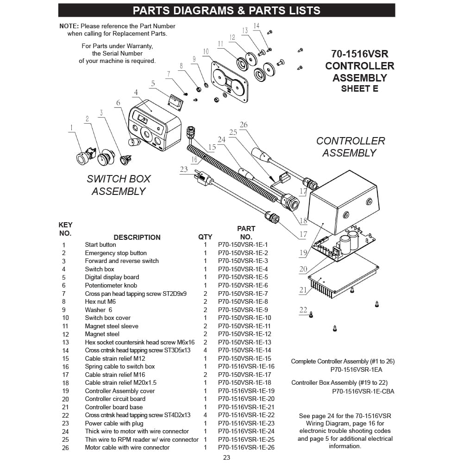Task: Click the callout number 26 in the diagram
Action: (x=244, y=125)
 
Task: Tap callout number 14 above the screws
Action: (x=257, y=26)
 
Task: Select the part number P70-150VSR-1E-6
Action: (x=243, y=285)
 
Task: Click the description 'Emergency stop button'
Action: (x=116, y=253)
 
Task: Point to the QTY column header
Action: (x=205, y=237)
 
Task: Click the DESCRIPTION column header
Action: (x=137, y=237)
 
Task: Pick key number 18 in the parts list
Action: (x=65, y=383)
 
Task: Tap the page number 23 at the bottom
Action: (x=226, y=457)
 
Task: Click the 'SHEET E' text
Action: (x=359, y=88)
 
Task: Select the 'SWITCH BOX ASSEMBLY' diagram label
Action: (x=119, y=185)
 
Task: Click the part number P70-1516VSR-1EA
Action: (x=356, y=369)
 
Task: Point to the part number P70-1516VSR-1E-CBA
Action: (x=363, y=391)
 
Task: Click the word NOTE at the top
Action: (x=69, y=26)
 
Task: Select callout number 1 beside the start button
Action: (x=71, y=127)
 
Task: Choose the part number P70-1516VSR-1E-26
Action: (x=246, y=447)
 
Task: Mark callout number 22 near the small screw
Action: (x=303, y=310)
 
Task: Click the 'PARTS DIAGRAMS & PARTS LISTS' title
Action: (x=226, y=10)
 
